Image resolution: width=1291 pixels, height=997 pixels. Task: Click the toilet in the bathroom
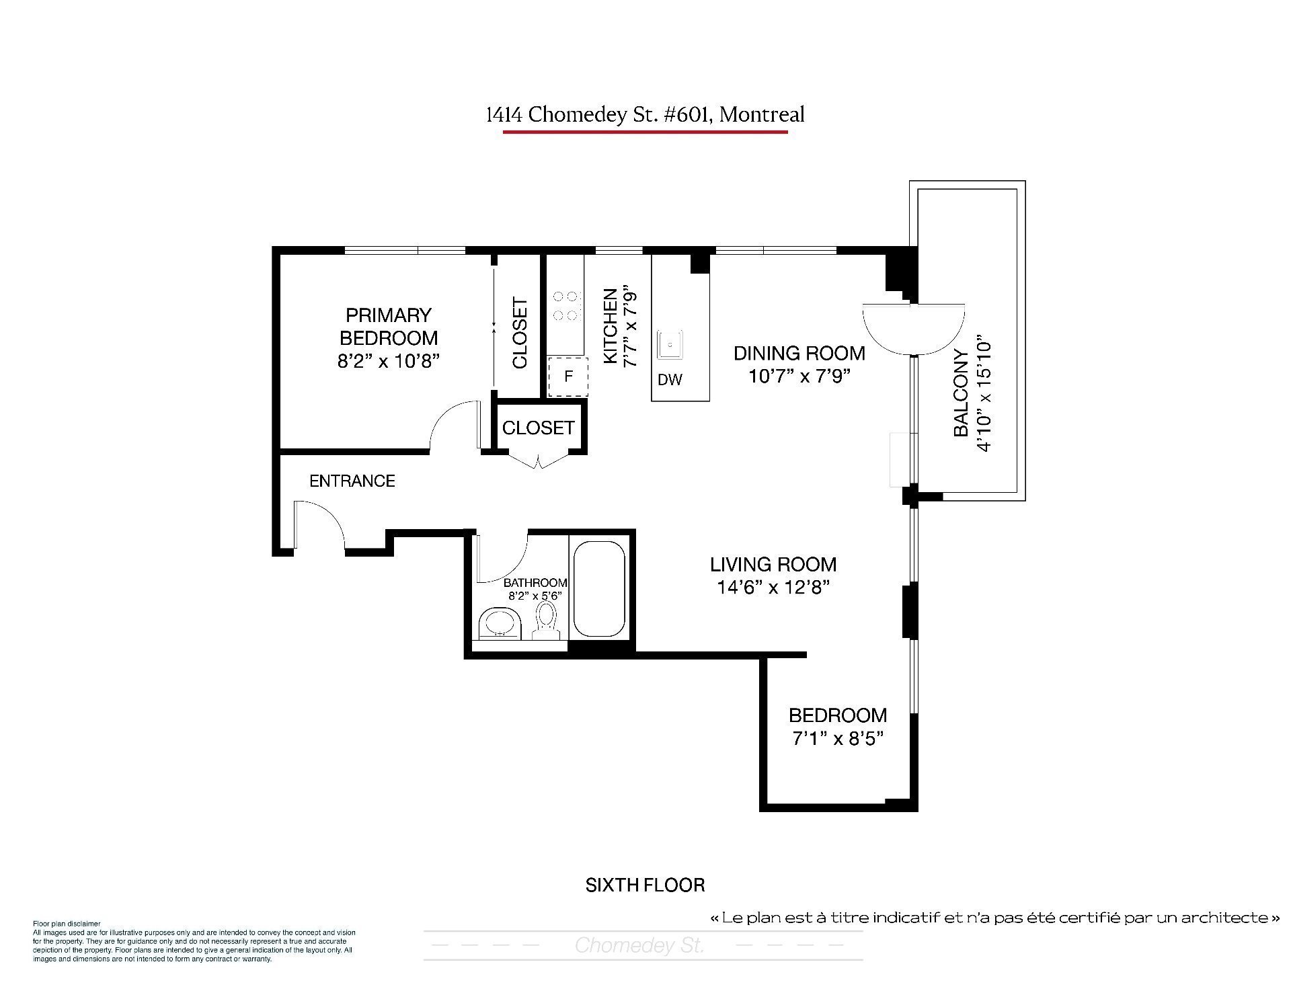[x=546, y=621]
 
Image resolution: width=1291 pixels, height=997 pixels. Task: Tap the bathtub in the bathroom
[x=599, y=589]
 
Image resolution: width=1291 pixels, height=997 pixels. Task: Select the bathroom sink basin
[x=500, y=623]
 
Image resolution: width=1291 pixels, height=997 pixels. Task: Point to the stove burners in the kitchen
[x=565, y=305]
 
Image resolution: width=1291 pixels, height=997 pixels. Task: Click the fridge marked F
[x=568, y=376]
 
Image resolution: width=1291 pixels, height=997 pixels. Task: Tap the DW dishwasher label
[x=670, y=380]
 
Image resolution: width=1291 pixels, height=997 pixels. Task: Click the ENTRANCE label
[x=352, y=481]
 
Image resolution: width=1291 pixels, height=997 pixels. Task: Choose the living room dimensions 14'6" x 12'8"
[x=773, y=588]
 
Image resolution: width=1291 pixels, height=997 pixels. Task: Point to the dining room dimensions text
[x=799, y=375]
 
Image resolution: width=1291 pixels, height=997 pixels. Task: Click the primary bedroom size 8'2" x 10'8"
[x=389, y=361]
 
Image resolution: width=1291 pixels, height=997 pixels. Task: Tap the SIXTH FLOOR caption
[x=645, y=885]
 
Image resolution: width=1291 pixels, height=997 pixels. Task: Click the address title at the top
[x=645, y=114]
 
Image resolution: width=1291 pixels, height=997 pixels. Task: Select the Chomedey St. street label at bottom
[x=639, y=946]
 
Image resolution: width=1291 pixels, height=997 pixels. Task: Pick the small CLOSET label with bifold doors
[x=539, y=428]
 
